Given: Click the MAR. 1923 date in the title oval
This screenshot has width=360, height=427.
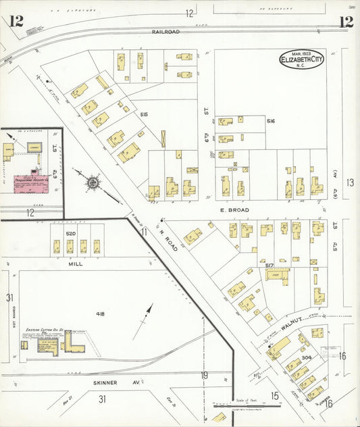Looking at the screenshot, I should pos(301,53).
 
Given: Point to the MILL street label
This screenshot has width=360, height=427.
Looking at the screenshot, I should pos(75,264).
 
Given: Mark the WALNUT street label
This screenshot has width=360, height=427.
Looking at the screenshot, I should pos(294,324).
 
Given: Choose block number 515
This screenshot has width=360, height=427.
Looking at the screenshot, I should pos(144,115).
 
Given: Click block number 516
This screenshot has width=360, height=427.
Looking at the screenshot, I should pos(271,121).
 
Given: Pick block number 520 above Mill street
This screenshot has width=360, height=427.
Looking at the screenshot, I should pos(70,234).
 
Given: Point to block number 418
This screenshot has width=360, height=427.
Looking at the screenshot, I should pos(101,313).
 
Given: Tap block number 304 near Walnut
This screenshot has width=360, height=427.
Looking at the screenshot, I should pos(306,357).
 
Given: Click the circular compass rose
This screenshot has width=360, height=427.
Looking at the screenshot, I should pos(93,182).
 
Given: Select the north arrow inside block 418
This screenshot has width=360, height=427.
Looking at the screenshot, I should pos(143,321).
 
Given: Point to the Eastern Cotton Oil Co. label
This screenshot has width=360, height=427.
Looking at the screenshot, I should pos(45,330).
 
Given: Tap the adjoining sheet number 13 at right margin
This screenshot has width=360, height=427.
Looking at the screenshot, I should pos(349,182).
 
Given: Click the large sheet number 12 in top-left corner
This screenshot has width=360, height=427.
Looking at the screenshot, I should pos(16,21).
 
